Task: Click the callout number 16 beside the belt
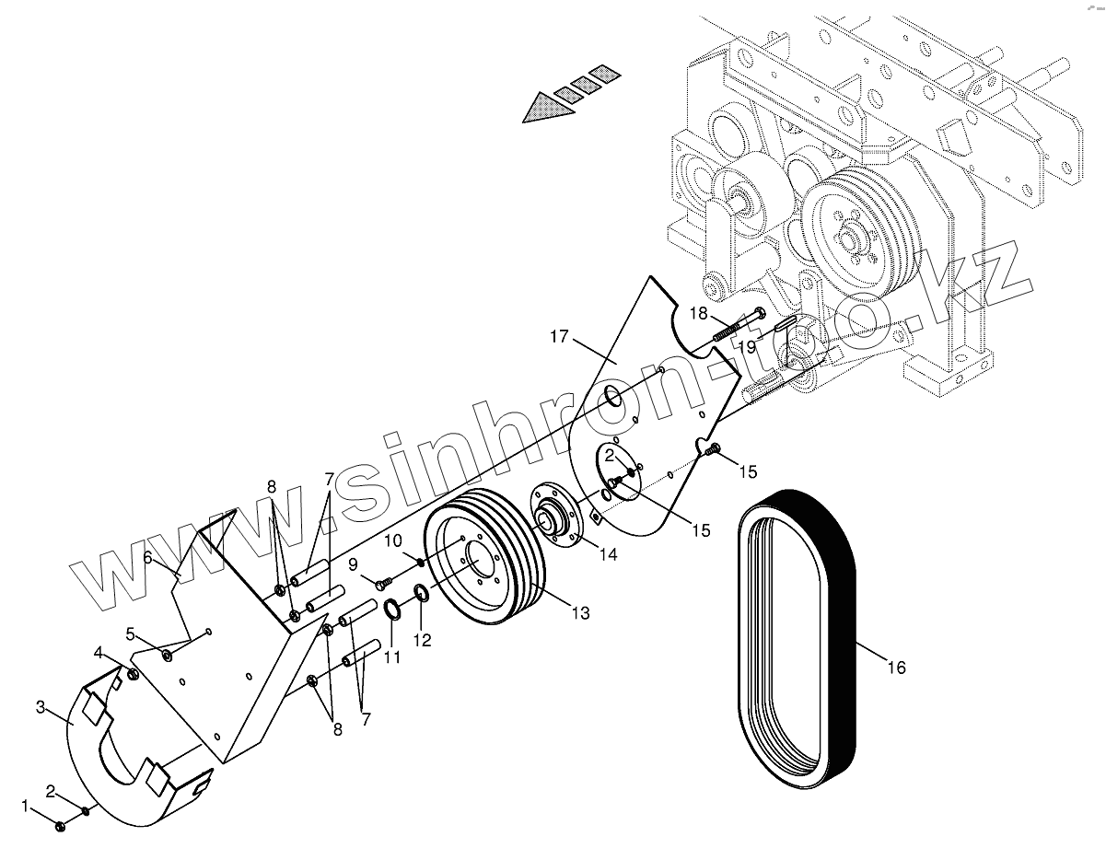click(x=896, y=667)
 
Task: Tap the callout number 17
click(x=560, y=336)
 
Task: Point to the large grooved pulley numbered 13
click(x=483, y=562)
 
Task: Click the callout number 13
click(x=580, y=611)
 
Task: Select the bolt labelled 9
click(x=380, y=580)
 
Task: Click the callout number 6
click(x=147, y=557)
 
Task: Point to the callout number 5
click(x=131, y=633)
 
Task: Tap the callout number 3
click(x=41, y=707)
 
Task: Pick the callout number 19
click(x=745, y=346)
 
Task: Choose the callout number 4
click(x=98, y=653)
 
